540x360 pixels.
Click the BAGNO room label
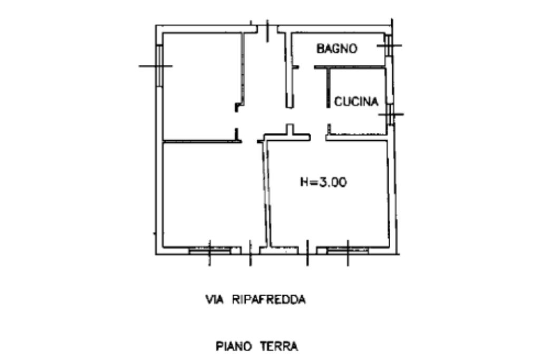coord(336,49)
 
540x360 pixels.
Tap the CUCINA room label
coord(356,102)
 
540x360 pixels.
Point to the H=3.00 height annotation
coord(323,183)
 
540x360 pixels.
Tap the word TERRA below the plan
coord(279,346)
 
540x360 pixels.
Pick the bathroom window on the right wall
coord(388,45)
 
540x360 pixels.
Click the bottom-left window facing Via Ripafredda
coord(209,251)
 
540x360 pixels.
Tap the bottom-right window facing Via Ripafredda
coord(348,251)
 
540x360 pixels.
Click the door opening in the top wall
coord(267,28)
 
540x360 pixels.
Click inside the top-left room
coord(200,87)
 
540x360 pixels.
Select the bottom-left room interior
coord(211,195)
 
